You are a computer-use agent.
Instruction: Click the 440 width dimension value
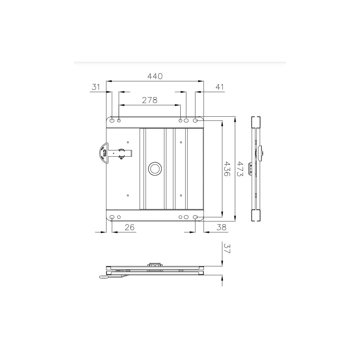pos(155,76)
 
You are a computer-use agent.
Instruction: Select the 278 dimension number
pos(149,100)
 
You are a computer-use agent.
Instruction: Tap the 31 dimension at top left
pos(95,87)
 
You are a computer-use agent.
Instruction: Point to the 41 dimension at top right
pos(220,87)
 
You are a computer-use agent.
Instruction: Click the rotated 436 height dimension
pos(227,169)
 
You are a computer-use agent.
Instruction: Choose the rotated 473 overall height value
pos(240,169)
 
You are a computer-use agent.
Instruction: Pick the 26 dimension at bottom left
pos(130,227)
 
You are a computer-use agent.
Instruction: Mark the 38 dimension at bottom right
pos(221,227)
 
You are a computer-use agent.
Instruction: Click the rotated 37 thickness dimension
pos(227,248)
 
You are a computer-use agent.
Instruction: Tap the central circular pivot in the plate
pos(155,169)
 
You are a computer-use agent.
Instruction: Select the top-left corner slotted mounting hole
pos(112,120)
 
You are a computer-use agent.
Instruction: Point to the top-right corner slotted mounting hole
pos(195,120)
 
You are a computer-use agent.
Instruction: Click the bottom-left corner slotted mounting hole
pos(112,217)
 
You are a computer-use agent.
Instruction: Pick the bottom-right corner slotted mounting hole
pos(195,217)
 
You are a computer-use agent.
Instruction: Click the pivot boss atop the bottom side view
pos(155,265)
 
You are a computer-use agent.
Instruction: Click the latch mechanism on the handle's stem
pos(121,153)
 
